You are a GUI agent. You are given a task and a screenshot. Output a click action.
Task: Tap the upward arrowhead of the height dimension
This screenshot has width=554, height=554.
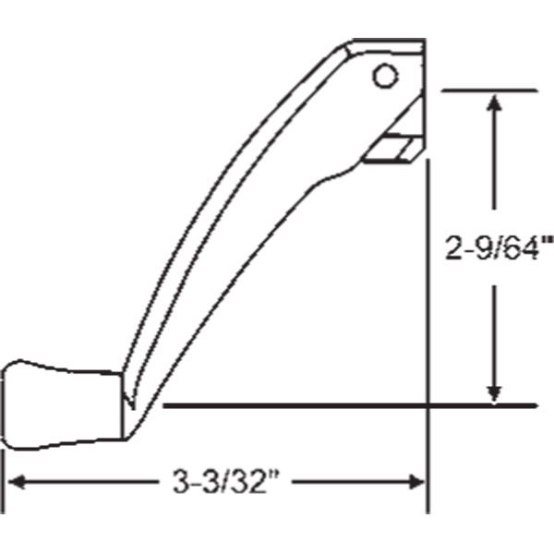pyautogui.click(x=497, y=102)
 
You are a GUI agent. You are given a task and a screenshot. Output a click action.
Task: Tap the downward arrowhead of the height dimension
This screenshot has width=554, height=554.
pyautogui.click(x=497, y=391)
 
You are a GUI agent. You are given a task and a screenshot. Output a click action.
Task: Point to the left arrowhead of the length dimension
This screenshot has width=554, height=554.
pyautogui.click(x=18, y=481)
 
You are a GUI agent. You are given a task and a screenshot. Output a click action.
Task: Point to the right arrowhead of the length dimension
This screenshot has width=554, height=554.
pyautogui.click(x=415, y=481)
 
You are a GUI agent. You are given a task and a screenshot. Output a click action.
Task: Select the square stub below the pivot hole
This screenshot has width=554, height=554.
pyautogui.click(x=393, y=149)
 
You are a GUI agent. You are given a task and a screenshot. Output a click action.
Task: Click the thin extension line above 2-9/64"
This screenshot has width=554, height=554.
pyautogui.click(x=490, y=90)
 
